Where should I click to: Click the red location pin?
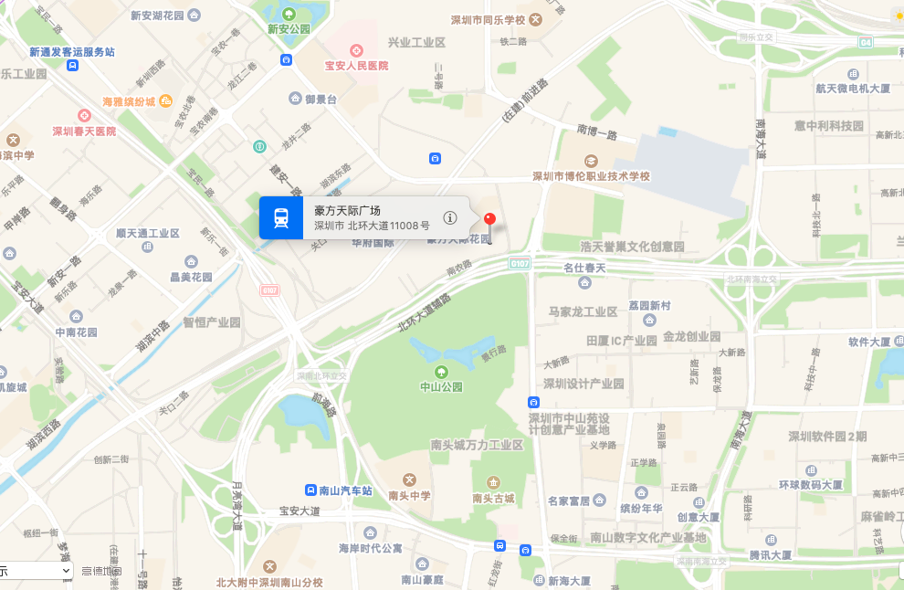click(489, 220)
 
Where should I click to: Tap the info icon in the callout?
click(450, 217)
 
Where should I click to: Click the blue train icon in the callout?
click(281, 217)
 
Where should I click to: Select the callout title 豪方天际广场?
click(348, 210)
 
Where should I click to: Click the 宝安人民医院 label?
click(356, 66)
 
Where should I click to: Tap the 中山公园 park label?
click(441, 386)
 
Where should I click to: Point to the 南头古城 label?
click(493, 498)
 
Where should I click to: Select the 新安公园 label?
click(289, 28)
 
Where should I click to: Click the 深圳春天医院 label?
click(84, 131)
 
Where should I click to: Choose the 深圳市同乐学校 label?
click(489, 20)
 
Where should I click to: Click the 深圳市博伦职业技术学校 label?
click(592, 175)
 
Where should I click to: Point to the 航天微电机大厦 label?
click(853, 89)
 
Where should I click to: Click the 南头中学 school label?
click(409, 495)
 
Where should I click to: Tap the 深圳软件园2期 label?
click(827, 437)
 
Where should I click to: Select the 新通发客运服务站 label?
click(72, 52)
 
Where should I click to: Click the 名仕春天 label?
click(584, 268)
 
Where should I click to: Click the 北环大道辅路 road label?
click(425, 311)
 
